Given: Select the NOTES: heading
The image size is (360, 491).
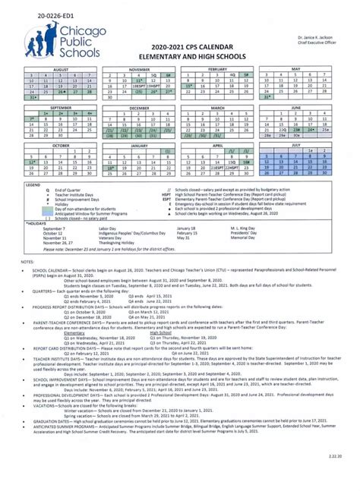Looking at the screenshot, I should tap(28, 260).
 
